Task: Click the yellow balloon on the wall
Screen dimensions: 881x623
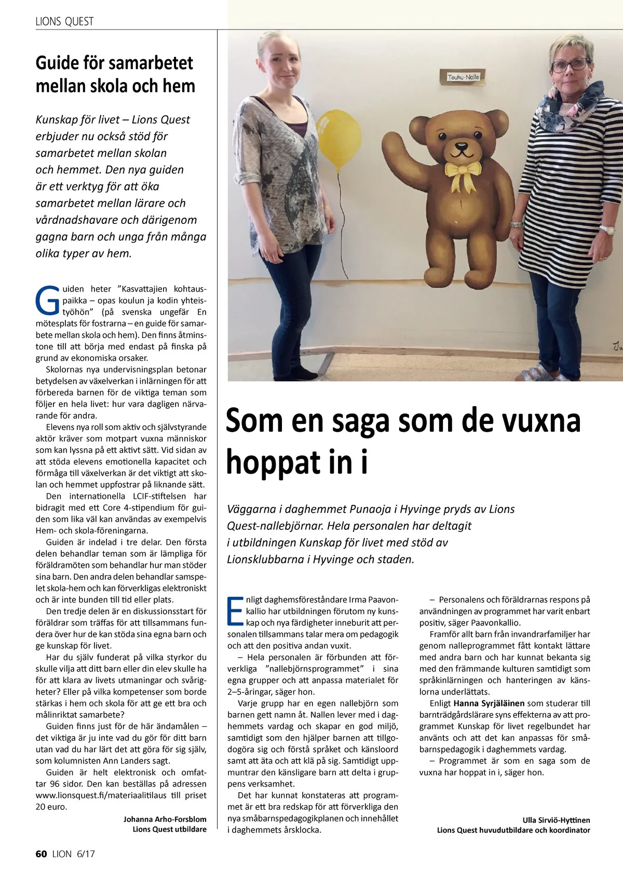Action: pos(335,140)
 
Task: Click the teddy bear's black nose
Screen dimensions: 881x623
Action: pos(460,147)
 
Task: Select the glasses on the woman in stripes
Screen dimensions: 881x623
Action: pos(569,65)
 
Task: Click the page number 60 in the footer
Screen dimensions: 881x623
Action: pos(42,854)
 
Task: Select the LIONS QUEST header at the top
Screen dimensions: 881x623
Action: pos(64,21)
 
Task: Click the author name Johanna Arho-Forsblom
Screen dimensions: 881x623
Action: pos(165,819)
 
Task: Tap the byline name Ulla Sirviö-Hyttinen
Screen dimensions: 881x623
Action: pos(556,820)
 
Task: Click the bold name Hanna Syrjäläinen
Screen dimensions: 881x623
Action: pos(489,703)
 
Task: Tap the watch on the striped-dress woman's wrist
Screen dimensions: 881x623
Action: pos(606,229)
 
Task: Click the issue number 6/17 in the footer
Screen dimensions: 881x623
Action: pos(85,854)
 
